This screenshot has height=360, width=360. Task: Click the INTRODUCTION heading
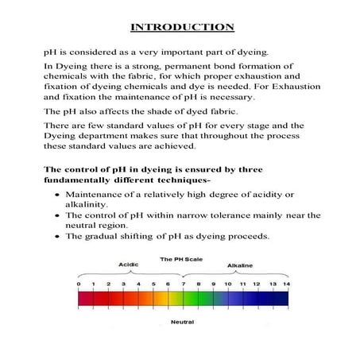(181, 27)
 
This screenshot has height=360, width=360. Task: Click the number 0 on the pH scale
(78, 284)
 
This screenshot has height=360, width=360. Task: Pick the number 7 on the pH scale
(183, 284)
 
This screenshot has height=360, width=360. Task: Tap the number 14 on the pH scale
(287, 284)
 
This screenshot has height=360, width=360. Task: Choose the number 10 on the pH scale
(227, 284)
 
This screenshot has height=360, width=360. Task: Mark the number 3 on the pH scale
(123, 284)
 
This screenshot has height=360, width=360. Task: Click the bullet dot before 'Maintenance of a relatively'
(54, 195)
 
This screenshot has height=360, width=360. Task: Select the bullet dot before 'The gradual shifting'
(54, 237)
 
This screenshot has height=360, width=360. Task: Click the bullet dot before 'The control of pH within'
(54, 215)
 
